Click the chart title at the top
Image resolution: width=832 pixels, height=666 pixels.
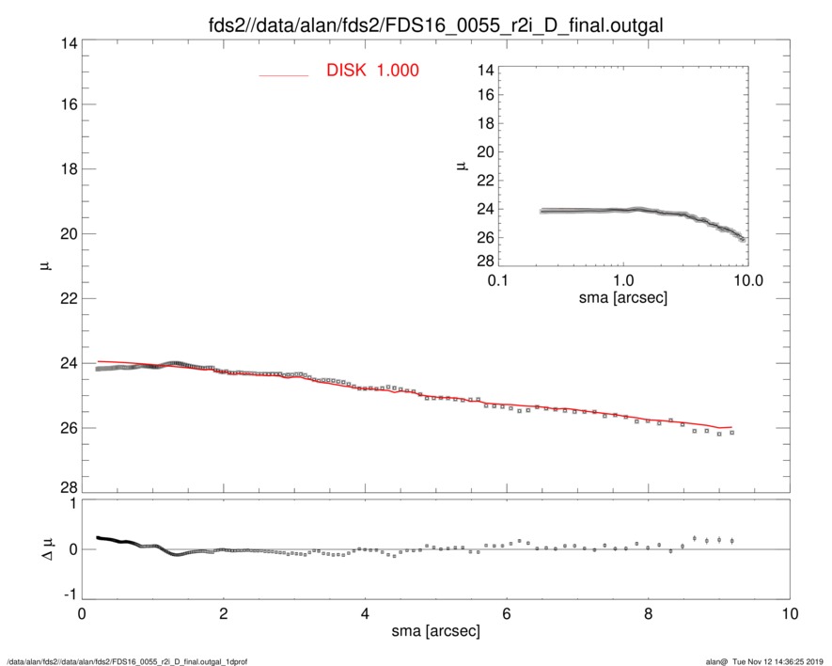(x=435, y=26)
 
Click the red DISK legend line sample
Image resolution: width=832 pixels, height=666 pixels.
(x=283, y=74)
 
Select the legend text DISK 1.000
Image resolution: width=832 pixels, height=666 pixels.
(x=372, y=71)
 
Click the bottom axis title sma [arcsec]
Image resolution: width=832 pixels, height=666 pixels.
(x=435, y=631)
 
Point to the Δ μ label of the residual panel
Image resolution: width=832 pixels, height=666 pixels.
(x=42, y=549)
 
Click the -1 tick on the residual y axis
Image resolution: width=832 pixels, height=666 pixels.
(x=68, y=595)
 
